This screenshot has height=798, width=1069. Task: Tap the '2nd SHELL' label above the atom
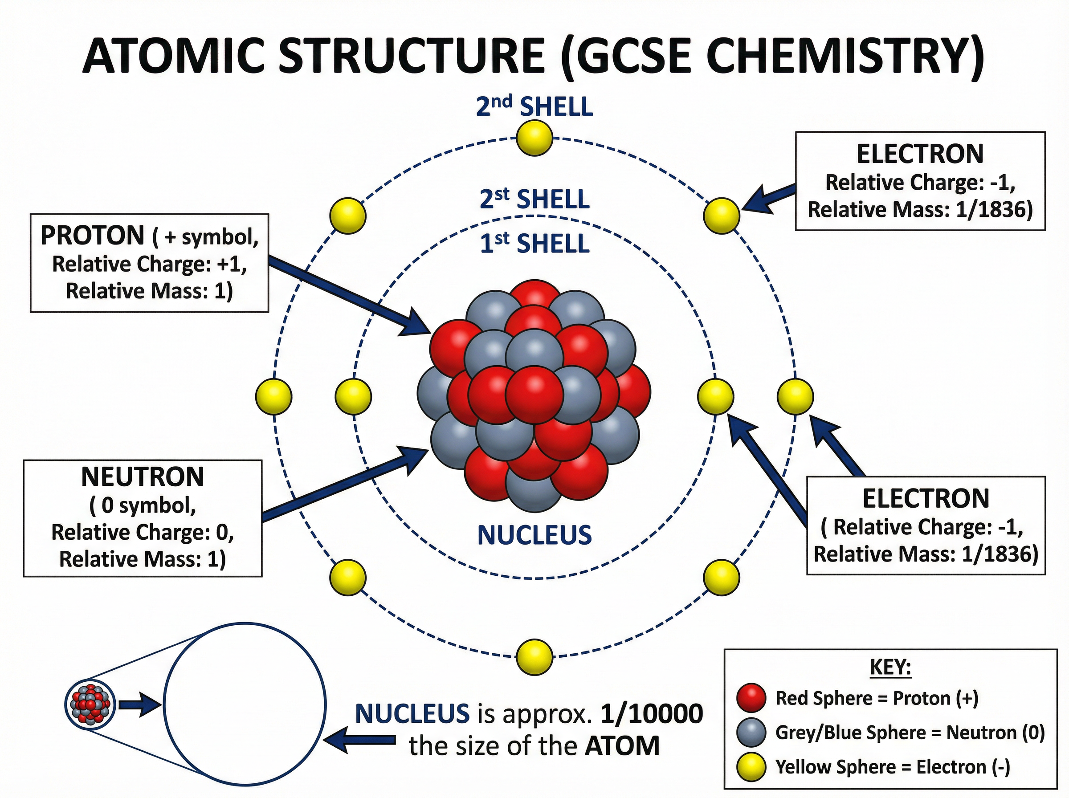coord(534,106)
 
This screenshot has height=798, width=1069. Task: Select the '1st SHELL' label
coord(534,243)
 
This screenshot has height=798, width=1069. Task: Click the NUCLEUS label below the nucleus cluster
coord(534,535)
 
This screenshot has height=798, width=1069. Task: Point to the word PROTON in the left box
coord(92,236)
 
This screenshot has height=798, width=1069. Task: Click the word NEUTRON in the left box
coord(143,477)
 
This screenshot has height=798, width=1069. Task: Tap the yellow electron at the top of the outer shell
coord(534,138)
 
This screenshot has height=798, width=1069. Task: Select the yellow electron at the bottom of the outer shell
coord(534,657)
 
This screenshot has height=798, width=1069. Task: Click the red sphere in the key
coord(751,698)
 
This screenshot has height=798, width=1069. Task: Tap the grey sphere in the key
coord(751,732)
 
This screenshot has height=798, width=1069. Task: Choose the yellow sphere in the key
coord(751,766)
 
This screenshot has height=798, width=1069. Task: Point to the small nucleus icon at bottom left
coord(90,705)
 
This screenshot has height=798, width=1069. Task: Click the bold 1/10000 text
coord(652,713)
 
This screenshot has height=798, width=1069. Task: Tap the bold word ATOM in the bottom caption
coord(622,746)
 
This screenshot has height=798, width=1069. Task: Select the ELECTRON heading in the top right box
coord(920,154)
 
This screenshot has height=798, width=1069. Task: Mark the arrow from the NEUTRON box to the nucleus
coord(343,485)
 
